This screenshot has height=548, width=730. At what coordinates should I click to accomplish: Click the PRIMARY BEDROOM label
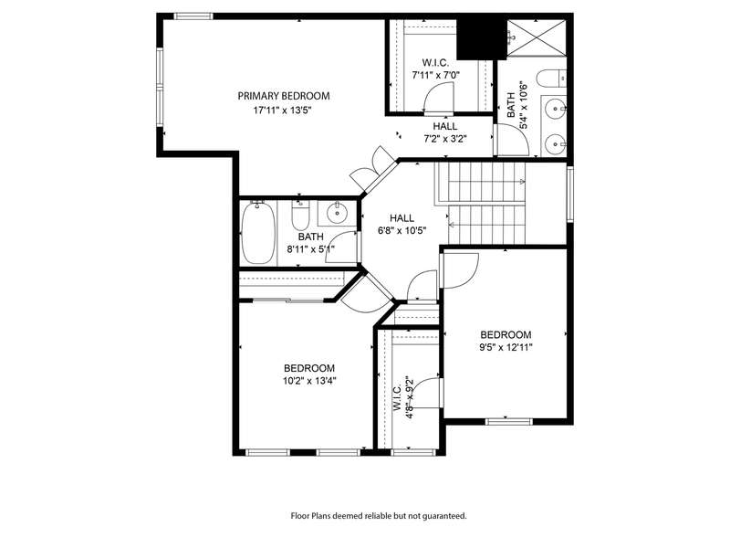coord(284,96)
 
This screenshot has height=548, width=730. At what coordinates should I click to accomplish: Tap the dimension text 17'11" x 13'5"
coord(282,111)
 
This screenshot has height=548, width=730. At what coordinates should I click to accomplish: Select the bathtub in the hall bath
coord(258,233)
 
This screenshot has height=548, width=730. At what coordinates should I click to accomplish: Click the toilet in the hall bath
coord(301,216)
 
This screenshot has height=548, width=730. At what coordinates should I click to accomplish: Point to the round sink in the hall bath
coord(337,213)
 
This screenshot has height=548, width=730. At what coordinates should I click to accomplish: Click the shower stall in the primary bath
coord(537,37)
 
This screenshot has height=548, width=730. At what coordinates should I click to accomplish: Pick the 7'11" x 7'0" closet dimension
coord(436,74)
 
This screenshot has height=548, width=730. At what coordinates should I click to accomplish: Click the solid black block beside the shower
coord(481,38)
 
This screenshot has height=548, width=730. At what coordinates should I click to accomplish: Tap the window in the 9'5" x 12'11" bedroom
coord(508,422)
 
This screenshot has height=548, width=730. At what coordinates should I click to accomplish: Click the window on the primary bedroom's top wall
coord(193,16)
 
